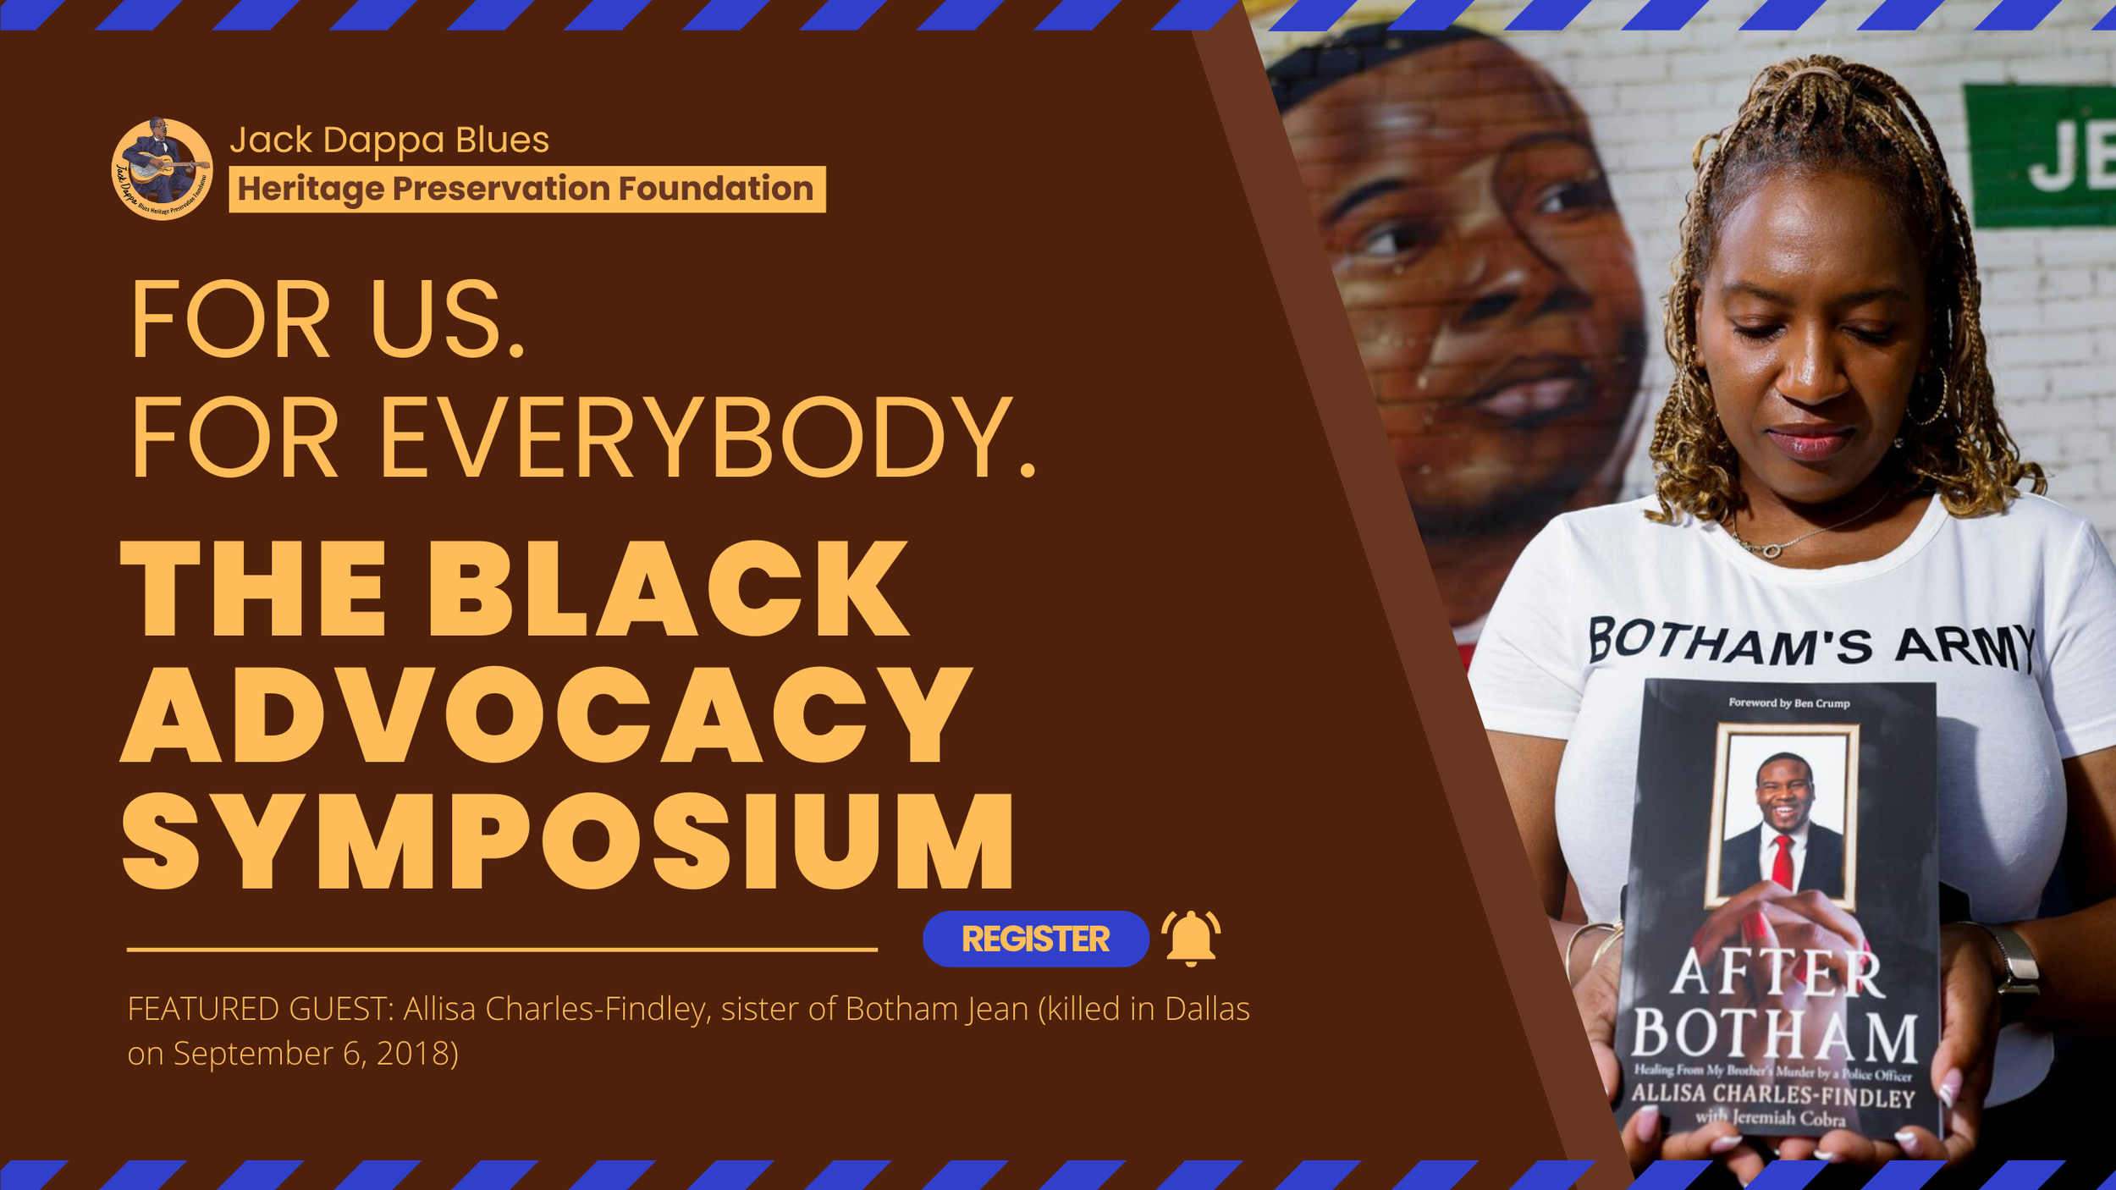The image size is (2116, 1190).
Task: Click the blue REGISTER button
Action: (1035, 939)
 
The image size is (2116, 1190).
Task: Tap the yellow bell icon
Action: (1191, 937)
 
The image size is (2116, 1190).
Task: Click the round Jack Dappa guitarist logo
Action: (162, 169)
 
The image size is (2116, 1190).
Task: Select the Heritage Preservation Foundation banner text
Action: (526, 189)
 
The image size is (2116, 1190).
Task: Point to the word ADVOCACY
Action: (546, 715)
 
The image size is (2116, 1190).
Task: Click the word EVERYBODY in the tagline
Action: (707, 439)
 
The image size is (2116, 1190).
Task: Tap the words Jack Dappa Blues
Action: (389, 140)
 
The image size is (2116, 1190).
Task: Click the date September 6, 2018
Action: (315, 1054)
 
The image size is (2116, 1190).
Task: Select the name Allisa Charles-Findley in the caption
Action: (554, 1009)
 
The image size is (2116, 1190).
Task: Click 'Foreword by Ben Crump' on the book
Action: (1788, 703)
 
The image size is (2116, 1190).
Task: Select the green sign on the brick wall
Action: (2040, 157)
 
